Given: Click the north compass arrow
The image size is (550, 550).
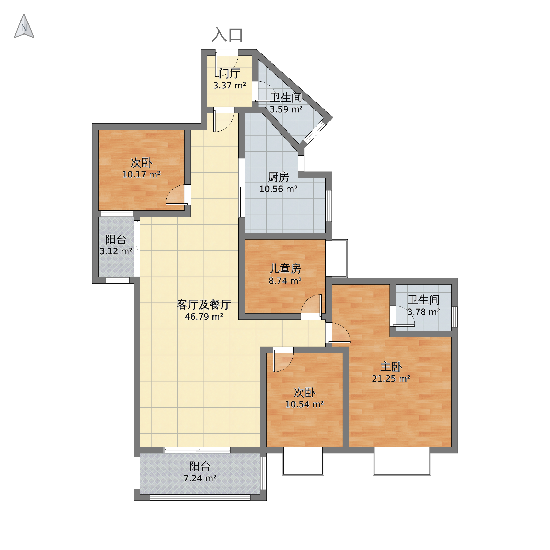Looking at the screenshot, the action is click(24, 26).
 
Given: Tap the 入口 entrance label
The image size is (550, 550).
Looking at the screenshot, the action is click(227, 35).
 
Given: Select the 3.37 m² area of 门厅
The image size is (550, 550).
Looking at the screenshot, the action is click(229, 85).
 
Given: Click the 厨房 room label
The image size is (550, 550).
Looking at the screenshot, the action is click(278, 177).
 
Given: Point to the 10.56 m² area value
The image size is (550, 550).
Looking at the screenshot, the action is click(278, 189).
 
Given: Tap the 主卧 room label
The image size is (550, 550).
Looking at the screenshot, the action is click(391, 367).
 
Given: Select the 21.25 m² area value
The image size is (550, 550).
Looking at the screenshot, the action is click(391, 379).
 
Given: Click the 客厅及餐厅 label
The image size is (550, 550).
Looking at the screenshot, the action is click(204, 305).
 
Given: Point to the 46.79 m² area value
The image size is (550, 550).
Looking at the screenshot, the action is click(204, 317).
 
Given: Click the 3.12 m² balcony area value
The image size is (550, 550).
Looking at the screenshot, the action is click(116, 251).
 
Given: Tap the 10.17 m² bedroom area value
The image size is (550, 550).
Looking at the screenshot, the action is click(141, 175).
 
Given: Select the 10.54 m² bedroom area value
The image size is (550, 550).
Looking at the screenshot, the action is click(304, 404).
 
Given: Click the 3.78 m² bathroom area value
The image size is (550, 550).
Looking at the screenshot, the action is click(424, 312).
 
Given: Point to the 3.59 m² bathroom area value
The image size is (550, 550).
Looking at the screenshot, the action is click(286, 109).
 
